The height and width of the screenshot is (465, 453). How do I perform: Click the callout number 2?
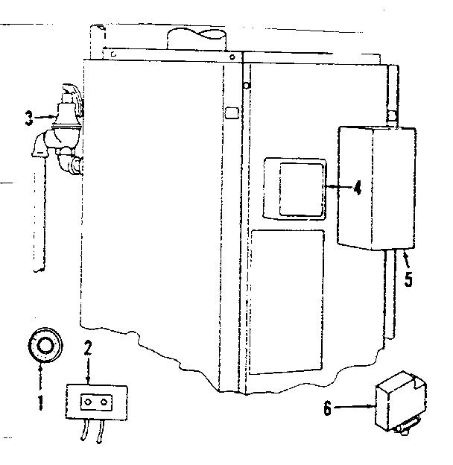[87, 347]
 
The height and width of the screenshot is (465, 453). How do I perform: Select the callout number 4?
[358, 187]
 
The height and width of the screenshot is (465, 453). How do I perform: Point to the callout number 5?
[408, 279]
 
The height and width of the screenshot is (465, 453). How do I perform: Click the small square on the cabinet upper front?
[232, 113]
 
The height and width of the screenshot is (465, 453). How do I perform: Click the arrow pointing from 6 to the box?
[354, 407]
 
